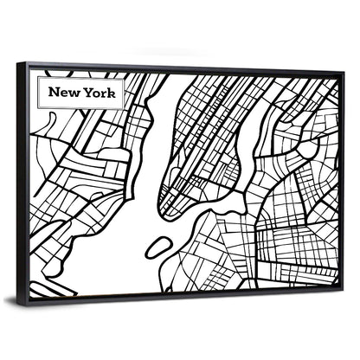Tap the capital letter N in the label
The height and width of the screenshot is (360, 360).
point(54,91)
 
